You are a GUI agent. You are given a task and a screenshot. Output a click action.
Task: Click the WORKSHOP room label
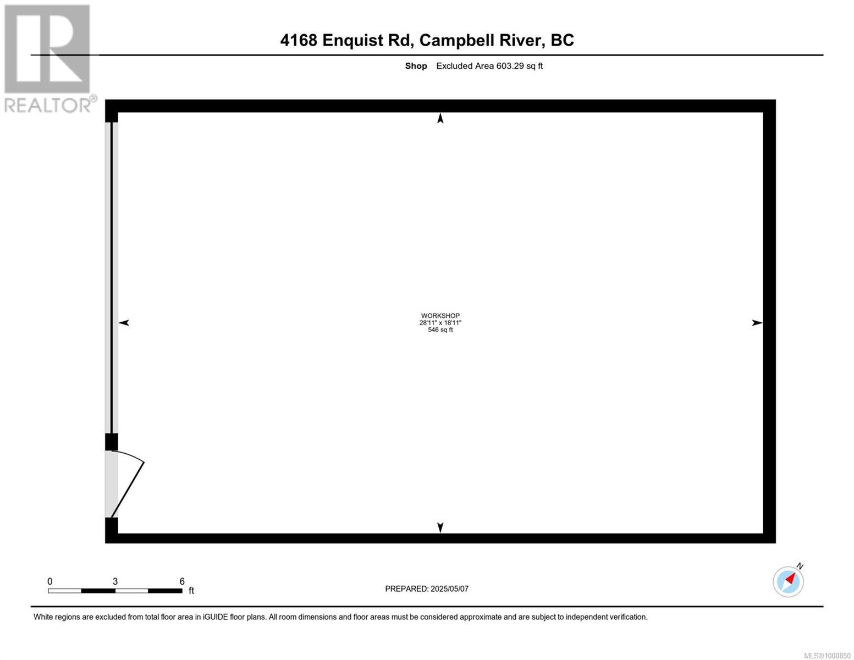[440, 315]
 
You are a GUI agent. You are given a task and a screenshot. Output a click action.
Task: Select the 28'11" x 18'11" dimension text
[440, 322]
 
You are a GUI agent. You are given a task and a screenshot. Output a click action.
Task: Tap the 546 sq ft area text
[440, 329]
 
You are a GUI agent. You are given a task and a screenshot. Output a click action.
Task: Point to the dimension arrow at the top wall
[440, 118]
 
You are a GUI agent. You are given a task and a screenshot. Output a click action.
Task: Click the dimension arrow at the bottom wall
[440, 527]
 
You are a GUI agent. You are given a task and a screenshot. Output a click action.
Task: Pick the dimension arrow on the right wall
[757, 323]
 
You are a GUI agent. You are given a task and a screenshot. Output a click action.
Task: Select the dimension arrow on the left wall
[124, 323]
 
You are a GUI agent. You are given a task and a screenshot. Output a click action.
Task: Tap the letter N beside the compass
[800, 566]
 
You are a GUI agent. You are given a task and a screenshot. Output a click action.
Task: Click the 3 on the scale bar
[115, 581]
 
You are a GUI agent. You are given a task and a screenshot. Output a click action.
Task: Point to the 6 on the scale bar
[182, 581]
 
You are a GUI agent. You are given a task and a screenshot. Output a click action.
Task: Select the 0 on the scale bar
[50, 581]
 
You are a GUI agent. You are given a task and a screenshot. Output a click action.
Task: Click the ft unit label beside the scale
[191, 590]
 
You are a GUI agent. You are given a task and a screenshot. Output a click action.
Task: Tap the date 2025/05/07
[449, 589]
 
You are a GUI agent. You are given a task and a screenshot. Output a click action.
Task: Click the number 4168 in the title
[299, 40]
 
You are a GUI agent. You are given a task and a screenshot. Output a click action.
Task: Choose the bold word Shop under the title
[416, 66]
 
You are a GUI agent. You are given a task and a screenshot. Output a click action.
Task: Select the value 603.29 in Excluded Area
[510, 66]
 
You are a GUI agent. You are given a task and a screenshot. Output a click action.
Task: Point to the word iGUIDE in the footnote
[216, 617]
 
